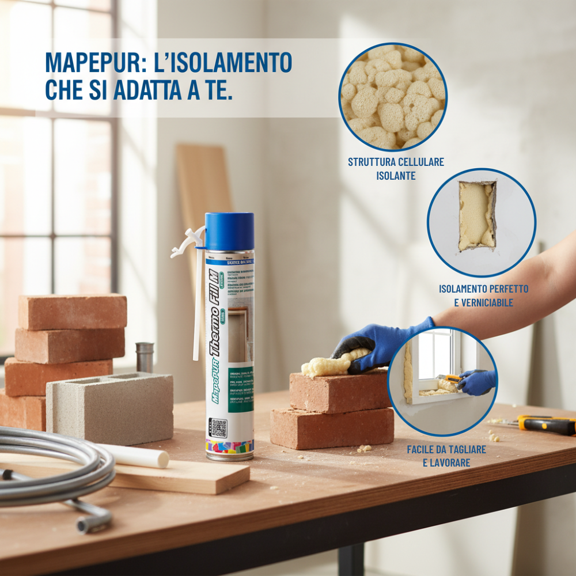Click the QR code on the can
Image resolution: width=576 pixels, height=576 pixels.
(x=218, y=428)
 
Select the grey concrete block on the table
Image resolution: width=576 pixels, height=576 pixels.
(x=109, y=406)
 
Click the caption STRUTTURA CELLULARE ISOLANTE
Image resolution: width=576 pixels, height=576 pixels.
(x=396, y=169)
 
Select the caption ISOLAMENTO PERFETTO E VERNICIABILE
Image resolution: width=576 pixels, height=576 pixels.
(x=483, y=295)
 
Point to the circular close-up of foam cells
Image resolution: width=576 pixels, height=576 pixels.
(x=393, y=96)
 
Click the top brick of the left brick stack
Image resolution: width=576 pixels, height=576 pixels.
(x=73, y=312)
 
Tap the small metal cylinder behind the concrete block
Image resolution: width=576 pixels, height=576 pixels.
(x=145, y=357)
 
